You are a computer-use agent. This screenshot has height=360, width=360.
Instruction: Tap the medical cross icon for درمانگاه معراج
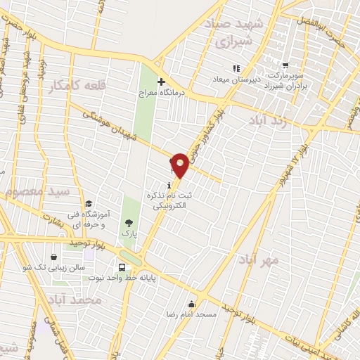tap(161, 82)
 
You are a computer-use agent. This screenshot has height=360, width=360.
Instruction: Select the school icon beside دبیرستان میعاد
tap(236, 68)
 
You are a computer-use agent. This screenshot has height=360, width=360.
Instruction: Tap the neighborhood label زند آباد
tap(268, 120)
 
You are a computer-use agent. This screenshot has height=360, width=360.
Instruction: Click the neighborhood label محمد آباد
tap(79, 300)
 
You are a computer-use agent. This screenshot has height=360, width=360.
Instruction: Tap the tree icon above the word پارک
tap(127, 223)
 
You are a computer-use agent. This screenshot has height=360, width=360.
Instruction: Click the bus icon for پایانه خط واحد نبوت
tap(123, 268)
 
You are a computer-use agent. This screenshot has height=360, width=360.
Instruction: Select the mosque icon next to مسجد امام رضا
tap(191, 304)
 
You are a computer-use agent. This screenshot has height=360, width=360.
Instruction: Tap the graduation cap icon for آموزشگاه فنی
tap(88, 204)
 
